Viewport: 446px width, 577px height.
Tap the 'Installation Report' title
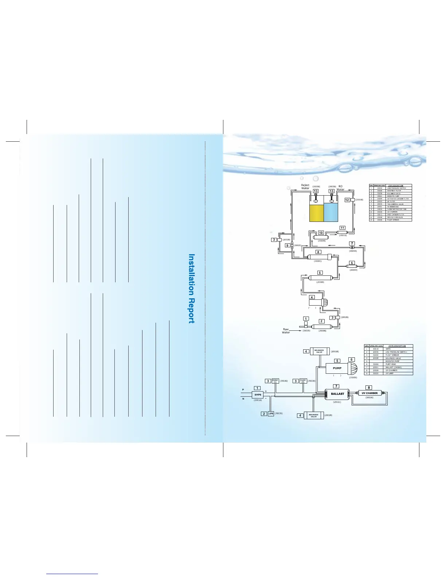point(191,288)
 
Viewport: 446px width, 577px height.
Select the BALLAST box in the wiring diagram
point(337,394)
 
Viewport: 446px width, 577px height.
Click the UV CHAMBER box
point(369,393)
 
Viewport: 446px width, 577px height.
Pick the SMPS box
point(258,395)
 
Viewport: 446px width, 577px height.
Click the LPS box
point(271,413)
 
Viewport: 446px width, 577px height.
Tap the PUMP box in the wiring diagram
point(337,368)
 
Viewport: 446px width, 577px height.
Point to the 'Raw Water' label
point(286,331)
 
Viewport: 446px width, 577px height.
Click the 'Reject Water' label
point(305,187)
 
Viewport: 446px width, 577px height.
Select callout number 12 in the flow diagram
point(347,200)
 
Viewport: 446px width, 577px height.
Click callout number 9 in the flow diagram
point(287,246)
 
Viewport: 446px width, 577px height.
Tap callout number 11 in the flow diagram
point(343,228)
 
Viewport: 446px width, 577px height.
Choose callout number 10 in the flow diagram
point(321,233)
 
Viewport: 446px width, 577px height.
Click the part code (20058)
point(359,200)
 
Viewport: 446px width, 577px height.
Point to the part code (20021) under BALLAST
point(337,402)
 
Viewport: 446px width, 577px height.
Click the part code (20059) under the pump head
point(353,378)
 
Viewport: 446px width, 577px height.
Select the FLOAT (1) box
point(275,381)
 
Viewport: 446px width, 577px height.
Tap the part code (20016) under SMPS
point(258,400)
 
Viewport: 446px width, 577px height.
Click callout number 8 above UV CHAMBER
point(369,388)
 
